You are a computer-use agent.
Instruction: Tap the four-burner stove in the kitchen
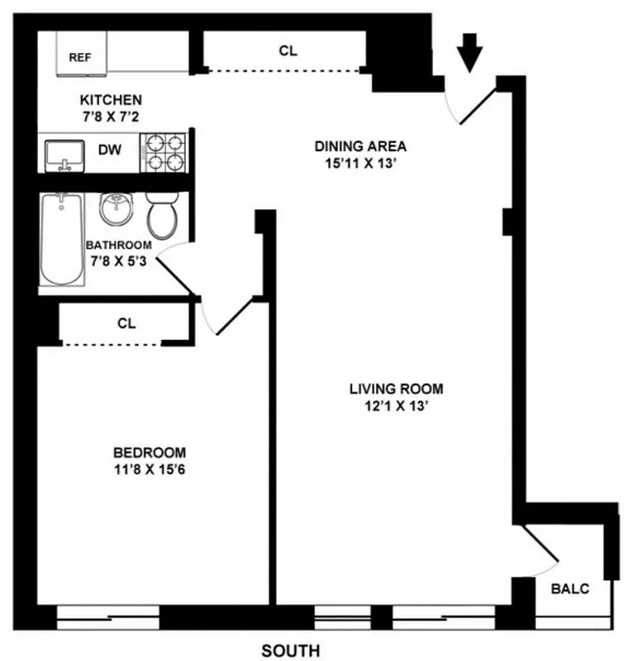pyautogui.click(x=165, y=152)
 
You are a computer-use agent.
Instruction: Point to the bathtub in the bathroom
pyautogui.click(x=61, y=239)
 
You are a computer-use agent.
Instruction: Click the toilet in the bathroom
pyautogui.click(x=161, y=216)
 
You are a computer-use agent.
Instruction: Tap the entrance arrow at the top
pyautogui.click(x=470, y=55)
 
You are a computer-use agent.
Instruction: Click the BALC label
pyautogui.click(x=570, y=588)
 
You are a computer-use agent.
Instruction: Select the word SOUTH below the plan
pyautogui.click(x=290, y=651)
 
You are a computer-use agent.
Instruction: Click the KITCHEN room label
pyautogui.click(x=111, y=100)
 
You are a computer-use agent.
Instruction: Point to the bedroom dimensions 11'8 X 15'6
pyautogui.click(x=149, y=470)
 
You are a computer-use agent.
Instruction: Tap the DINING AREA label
pyautogui.click(x=360, y=146)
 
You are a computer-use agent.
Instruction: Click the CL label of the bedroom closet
pyautogui.click(x=126, y=323)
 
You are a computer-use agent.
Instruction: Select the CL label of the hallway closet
pyautogui.click(x=288, y=50)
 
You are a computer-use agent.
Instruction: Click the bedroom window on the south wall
pyautogui.click(x=107, y=616)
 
